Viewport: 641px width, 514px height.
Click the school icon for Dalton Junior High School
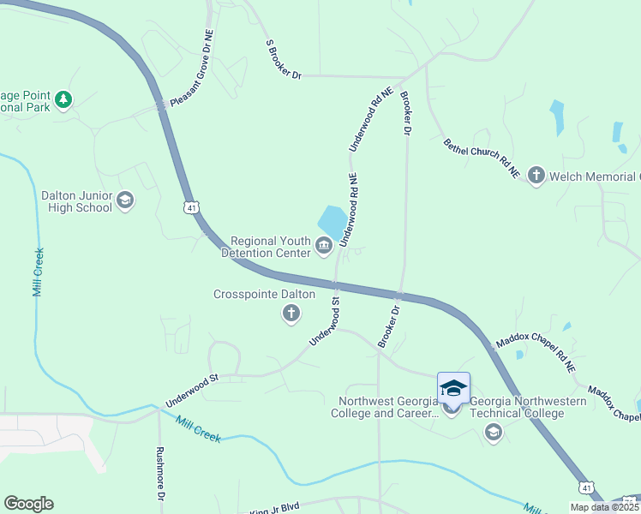point(125,200)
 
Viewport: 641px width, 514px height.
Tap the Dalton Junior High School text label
point(76,201)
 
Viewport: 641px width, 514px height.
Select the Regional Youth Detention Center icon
point(324,248)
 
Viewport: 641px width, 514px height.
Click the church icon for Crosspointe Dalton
point(291,314)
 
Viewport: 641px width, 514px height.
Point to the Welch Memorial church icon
point(536,176)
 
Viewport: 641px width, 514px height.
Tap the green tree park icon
point(63,100)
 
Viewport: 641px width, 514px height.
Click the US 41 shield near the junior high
point(190,206)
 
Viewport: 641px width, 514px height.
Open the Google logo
point(28,504)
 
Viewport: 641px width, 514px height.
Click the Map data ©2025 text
point(604,507)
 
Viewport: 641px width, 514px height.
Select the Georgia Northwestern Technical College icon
point(493,433)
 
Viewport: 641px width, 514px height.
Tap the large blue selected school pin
point(453,390)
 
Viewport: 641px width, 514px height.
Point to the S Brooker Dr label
point(285,59)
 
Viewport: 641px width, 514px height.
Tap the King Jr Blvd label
point(274,508)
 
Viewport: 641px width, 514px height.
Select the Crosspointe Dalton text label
point(264,295)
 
